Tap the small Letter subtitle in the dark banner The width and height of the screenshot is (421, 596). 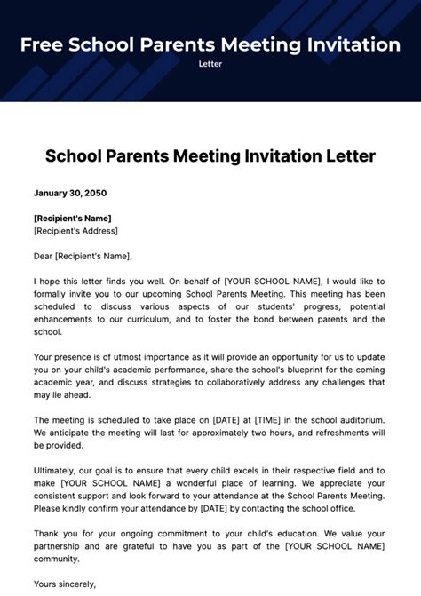click(x=210, y=64)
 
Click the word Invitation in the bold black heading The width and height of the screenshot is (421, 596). click(x=276, y=156)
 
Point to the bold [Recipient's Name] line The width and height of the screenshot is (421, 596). click(x=73, y=218)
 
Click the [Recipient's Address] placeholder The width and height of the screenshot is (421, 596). click(x=75, y=231)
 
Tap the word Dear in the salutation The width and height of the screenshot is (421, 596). click(x=43, y=256)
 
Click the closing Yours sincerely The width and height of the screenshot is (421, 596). click(x=65, y=584)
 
